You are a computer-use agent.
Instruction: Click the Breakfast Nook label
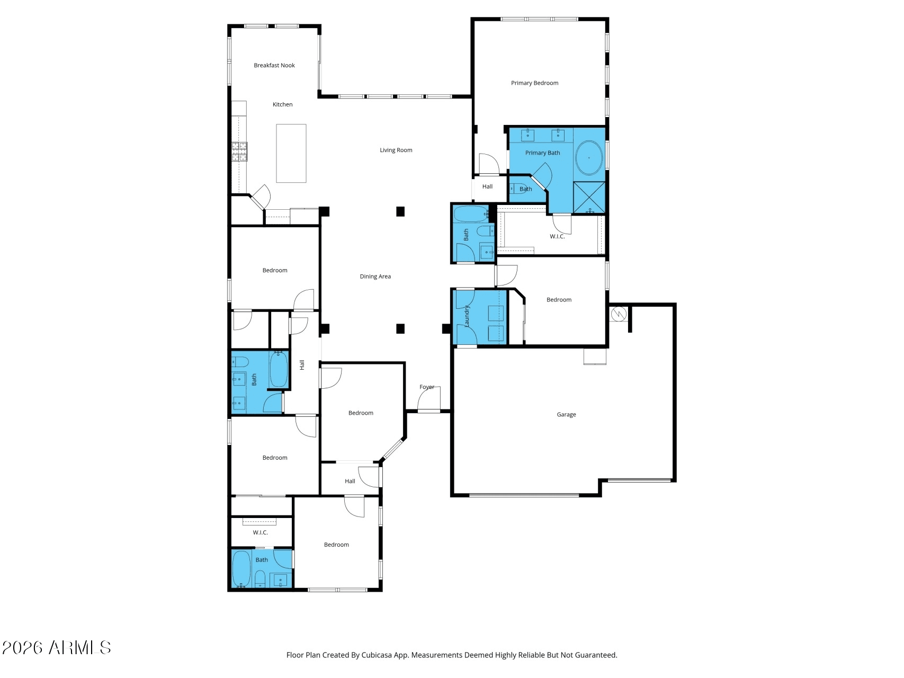274,66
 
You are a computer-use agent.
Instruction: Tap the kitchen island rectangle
291,154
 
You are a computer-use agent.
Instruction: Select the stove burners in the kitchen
239,151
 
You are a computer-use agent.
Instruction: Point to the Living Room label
396,150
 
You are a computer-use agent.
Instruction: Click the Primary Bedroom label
535,83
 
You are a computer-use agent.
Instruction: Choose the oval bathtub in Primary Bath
589,158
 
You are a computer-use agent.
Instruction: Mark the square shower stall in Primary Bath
589,197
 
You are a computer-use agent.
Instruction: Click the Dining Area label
375,276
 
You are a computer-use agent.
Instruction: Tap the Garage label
567,415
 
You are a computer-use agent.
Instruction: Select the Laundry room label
467,316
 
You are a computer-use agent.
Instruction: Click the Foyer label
427,387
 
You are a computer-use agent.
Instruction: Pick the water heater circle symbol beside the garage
619,315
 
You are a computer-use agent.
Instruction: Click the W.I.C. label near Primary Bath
557,237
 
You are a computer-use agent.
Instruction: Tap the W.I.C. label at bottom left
261,533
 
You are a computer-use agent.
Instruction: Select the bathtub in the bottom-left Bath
241,569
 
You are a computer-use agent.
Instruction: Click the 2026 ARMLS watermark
56,648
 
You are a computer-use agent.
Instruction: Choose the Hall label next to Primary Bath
488,187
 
